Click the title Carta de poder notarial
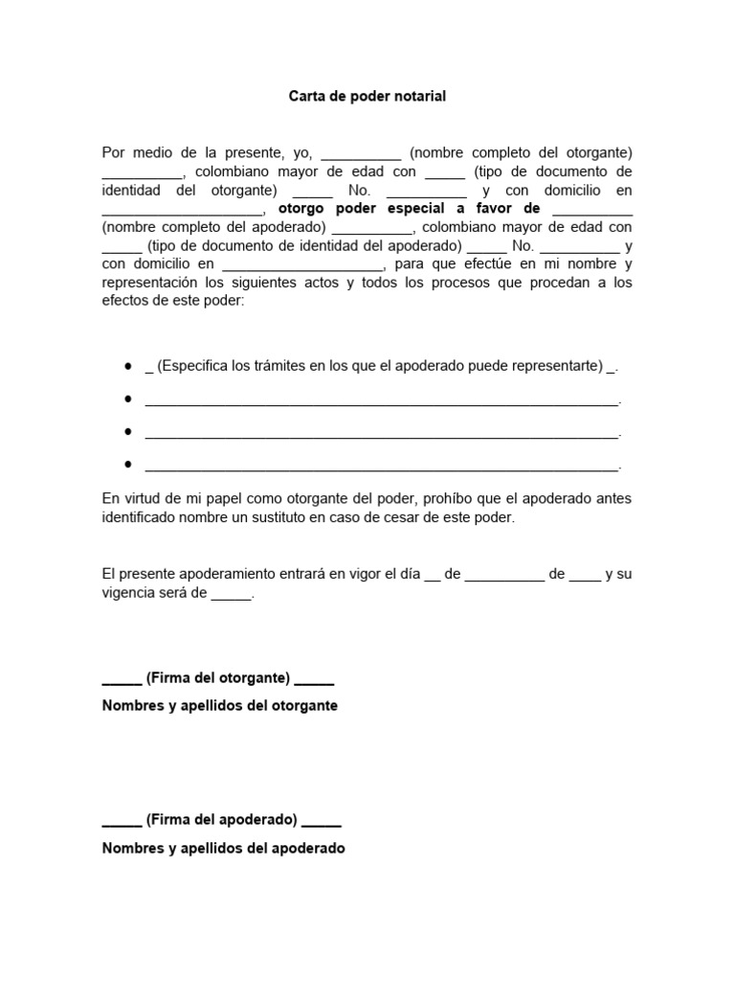[x=367, y=97]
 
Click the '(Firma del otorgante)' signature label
[x=218, y=678]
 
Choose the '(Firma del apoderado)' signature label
[x=222, y=820]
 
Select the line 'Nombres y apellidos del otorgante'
[x=219, y=706]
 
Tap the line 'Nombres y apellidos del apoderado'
[x=223, y=848]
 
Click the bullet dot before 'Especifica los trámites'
[x=128, y=367]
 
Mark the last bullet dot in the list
[x=128, y=465]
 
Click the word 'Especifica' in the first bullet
[x=193, y=366]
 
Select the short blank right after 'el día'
[x=431, y=575]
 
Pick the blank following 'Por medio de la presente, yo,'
[x=361, y=152]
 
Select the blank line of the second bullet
[x=381, y=400]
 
